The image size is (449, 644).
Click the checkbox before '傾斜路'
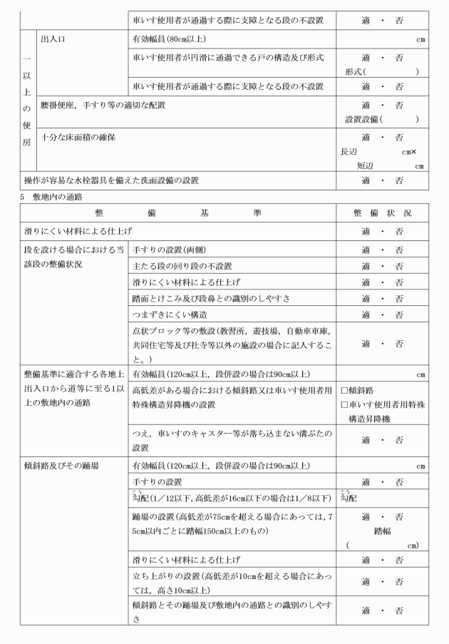pos(344,391)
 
